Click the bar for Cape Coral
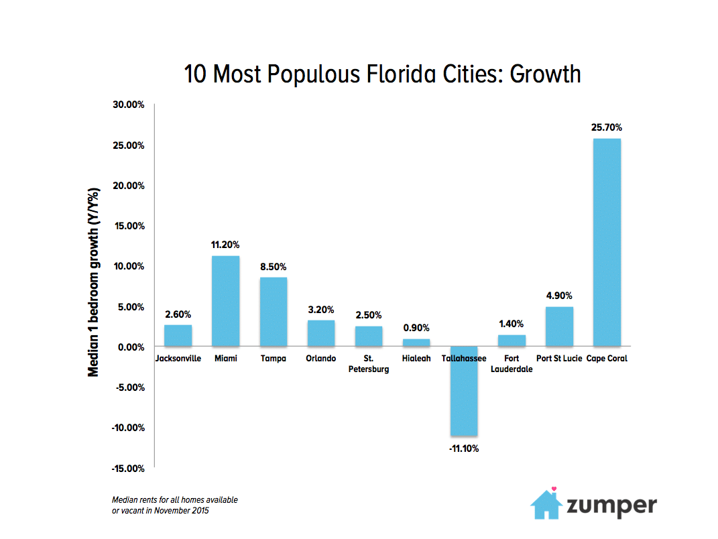click(x=607, y=242)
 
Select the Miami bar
click(x=226, y=301)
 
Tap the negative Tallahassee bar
click(x=463, y=391)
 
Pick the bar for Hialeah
click(x=416, y=343)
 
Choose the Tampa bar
click(x=274, y=312)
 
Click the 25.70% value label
click(x=607, y=127)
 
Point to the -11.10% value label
click(x=463, y=448)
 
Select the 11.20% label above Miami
click(x=226, y=245)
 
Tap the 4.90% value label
click(x=559, y=296)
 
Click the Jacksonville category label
click(x=178, y=359)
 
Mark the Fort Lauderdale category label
click(x=512, y=363)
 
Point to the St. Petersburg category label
click(x=369, y=363)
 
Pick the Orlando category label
click(x=321, y=359)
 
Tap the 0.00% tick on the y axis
click(x=130, y=347)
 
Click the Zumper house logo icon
click(x=546, y=503)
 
